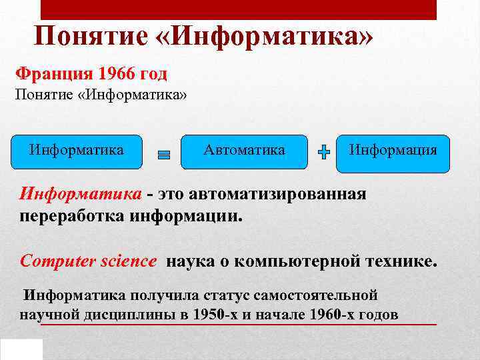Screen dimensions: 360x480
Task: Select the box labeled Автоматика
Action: (244, 151)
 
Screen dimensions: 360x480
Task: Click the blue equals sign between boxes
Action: (164, 155)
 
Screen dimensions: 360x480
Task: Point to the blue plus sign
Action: (324, 153)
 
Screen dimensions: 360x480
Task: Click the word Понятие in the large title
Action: (93, 37)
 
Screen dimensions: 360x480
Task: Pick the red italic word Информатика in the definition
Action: (81, 194)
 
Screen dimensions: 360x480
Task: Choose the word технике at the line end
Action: (404, 261)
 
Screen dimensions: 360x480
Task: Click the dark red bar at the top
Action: (239, 9)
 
